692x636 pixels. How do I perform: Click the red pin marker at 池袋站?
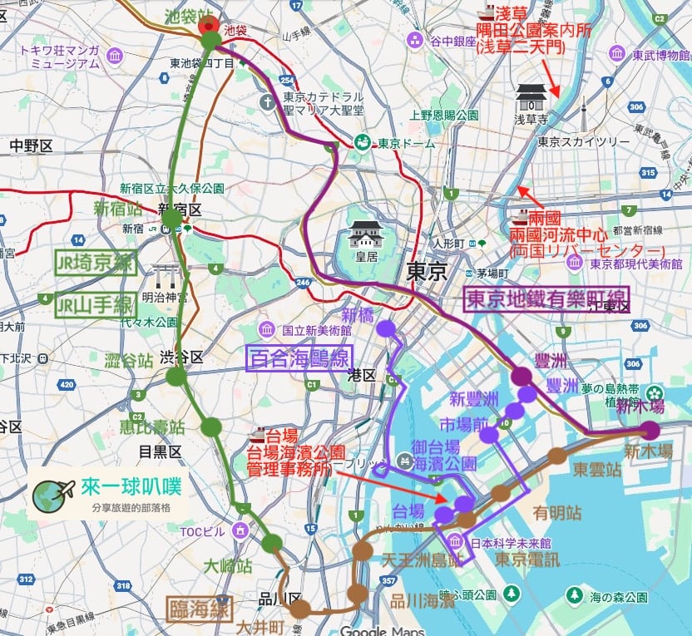pos(210,25)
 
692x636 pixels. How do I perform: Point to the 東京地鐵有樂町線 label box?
pos(546,300)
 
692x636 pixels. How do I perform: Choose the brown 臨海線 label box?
pos(199,609)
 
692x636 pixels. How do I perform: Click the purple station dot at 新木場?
pos(650,430)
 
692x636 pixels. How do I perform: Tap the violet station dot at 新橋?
pos(385,328)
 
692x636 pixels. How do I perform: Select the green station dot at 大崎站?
pos(271,544)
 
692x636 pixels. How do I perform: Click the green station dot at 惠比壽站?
pos(211,426)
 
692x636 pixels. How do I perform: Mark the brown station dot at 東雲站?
pos(556,456)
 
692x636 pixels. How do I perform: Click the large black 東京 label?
pos(427,271)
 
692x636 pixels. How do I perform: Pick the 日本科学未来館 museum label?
pos(512,543)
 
